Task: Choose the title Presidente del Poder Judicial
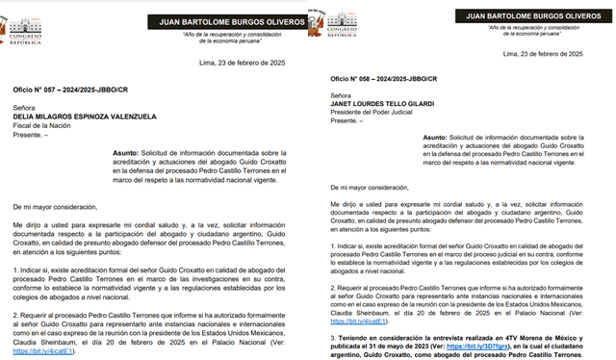pyautogui.click(x=374, y=113)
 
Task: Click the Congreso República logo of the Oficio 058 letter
pyautogui.click(x=342, y=25)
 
